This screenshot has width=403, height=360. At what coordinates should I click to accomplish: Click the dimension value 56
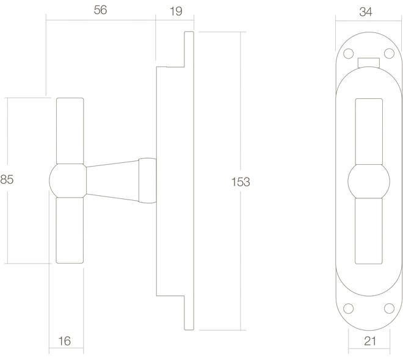(100, 10)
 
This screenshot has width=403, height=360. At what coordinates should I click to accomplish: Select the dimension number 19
(176, 12)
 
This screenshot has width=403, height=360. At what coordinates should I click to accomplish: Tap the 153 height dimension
(241, 182)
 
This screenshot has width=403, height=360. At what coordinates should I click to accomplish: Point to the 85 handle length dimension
(7, 179)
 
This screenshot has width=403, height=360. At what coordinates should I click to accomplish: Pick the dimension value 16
(64, 341)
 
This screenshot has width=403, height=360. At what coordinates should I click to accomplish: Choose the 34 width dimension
(366, 12)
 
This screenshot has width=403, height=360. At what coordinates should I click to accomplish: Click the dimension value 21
(370, 341)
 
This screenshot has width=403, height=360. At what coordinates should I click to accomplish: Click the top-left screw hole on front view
(348, 54)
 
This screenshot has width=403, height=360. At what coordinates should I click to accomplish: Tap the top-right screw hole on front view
(389, 54)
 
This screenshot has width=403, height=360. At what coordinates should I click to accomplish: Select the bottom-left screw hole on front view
(348, 308)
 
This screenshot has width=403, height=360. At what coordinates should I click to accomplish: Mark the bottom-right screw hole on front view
(389, 308)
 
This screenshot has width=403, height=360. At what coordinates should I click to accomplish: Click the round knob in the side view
(68, 181)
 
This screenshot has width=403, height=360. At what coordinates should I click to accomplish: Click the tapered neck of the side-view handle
(112, 181)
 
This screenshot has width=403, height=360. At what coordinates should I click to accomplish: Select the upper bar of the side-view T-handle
(70, 131)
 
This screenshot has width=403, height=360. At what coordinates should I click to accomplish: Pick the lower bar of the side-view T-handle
(70, 230)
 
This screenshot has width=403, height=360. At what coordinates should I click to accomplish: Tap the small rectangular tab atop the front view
(369, 63)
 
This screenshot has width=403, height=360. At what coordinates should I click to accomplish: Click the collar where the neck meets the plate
(148, 181)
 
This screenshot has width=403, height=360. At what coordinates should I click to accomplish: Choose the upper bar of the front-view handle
(369, 131)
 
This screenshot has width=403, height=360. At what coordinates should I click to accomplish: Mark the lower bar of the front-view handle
(369, 231)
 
